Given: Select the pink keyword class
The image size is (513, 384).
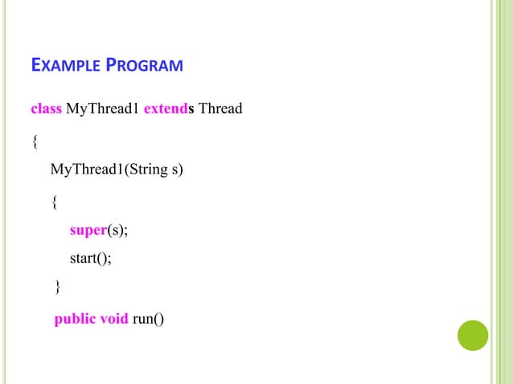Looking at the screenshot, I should click(46, 108).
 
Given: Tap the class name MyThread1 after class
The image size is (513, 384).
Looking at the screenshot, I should click(102, 108).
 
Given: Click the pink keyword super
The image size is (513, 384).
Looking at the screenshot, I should click(88, 231).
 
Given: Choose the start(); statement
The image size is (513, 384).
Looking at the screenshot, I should click(91, 258).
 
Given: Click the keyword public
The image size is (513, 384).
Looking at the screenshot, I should click(75, 321).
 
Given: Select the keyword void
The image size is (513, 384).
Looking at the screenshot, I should click(113, 321).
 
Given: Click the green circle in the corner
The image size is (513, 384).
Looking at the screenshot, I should click(473, 336).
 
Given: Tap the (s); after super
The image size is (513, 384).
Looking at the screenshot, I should click(117, 231).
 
